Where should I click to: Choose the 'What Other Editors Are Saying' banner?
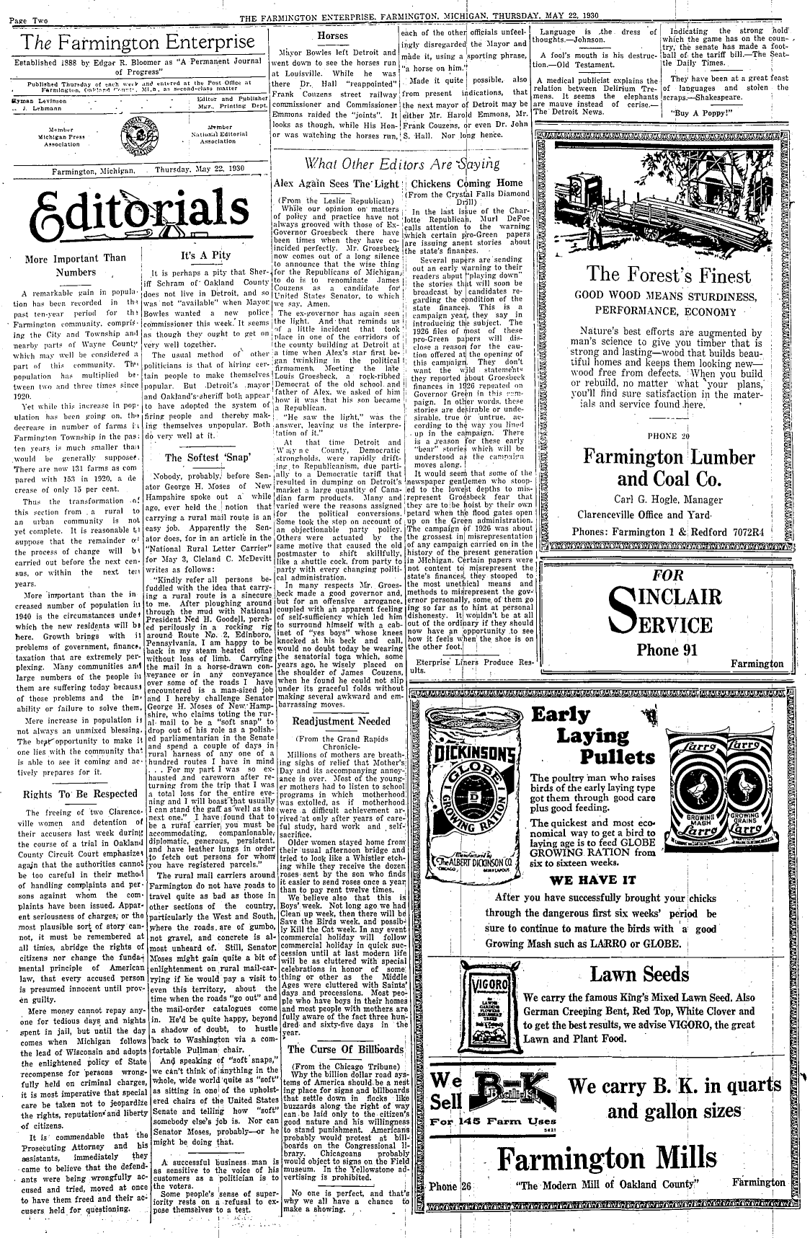tap(402, 162)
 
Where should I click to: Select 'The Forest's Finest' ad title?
tap(669, 275)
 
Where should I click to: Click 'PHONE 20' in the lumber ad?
tap(669, 436)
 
